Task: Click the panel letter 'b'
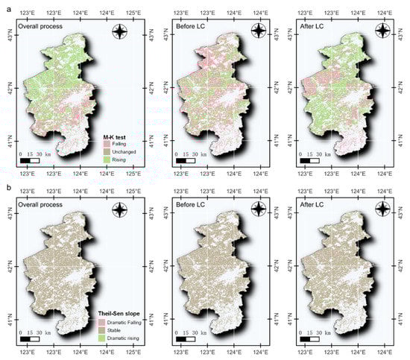point(4,187)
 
